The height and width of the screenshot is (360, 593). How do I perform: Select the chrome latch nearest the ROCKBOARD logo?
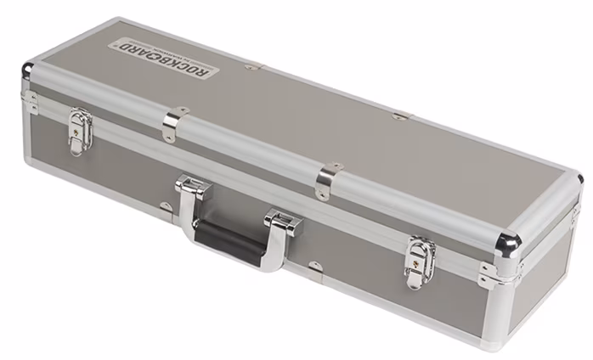coord(81,131)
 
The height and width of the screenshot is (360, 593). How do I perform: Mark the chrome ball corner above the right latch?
coord(508,244)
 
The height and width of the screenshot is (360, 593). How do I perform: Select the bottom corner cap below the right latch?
coord(490,340)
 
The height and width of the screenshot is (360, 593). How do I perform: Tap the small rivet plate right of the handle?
coord(314,266)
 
